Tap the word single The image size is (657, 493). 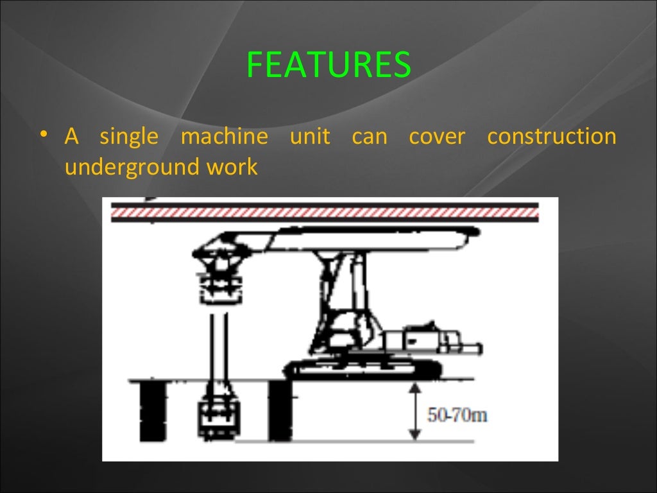(128, 137)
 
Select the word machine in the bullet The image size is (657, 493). (224, 137)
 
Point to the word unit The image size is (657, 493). (309, 137)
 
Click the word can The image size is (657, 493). (370, 137)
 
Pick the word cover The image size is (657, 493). (436, 137)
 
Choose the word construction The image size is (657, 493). (551, 137)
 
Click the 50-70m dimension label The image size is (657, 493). (457, 415)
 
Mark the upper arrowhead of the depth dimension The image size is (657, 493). (415, 386)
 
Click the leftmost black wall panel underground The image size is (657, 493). (153, 411)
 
